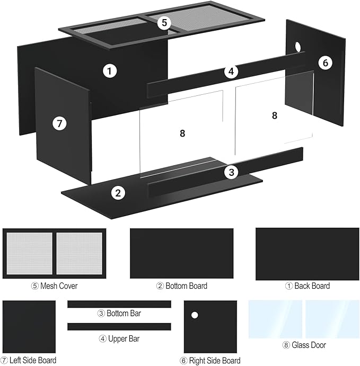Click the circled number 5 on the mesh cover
coord(164,23)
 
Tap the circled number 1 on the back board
coord(110,71)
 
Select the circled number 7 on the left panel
coord(59,123)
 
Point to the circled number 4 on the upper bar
coord(231,72)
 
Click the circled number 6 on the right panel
coord(325,63)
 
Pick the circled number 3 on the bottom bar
coord(231,172)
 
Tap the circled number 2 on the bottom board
coord(118,193)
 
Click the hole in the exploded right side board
coord(298,47)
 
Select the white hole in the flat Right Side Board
coord(195,315)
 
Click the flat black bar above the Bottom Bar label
coord(119,304)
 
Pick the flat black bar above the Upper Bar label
coord(119,327)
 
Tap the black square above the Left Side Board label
coord(29,327)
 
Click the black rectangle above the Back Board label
coord(307,254)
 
